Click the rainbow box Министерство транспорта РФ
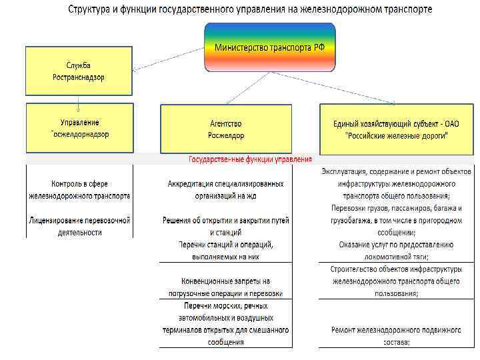click(269, 47)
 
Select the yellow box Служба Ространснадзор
click(79, 71)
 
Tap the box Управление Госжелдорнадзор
click(79, 128)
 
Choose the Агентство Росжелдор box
click(226, 129)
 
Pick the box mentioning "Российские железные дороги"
click(396, 129)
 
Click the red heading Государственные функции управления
click(250, 160)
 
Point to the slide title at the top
click(249, 10)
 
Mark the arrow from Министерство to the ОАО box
click(333, 87)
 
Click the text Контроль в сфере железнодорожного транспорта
click(79, 190)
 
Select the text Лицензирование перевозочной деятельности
click(79, 226)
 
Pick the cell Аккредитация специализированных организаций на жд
click(225, 190)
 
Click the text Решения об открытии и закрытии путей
click(225, 226)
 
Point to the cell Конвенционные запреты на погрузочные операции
click(225, 287)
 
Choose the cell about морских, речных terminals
click(225, 323)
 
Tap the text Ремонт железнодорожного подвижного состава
click(396, 335)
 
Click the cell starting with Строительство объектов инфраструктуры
click(396, 281)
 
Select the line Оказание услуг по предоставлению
click(396, 245)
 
